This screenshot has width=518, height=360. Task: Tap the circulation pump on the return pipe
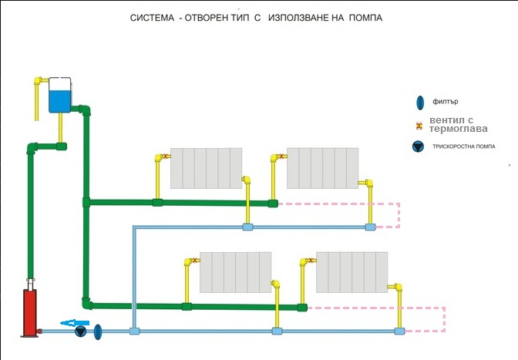click(80, 332)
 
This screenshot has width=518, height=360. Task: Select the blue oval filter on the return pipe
click(98, 332)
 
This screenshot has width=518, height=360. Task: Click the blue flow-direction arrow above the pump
click(75, 323)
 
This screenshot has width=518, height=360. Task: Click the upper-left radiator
click(206, 169)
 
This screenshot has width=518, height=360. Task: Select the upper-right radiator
click(322, 167)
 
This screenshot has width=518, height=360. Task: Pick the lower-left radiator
click(235, 271)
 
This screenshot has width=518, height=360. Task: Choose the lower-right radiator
click(352, 271)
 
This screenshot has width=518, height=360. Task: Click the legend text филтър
click(446, 102)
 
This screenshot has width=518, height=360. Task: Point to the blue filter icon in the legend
click(419, 102)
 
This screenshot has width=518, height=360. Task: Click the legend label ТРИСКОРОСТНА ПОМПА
click(465, 146)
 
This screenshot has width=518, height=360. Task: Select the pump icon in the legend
click(418, 146)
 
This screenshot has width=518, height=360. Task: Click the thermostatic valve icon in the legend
click(418, 125)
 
